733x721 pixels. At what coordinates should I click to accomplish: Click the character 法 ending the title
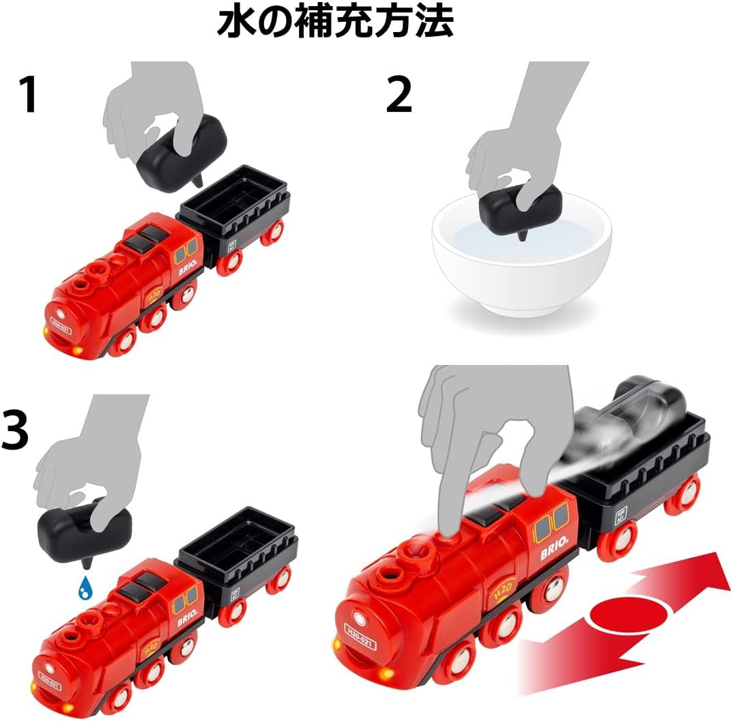point(433,23)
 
